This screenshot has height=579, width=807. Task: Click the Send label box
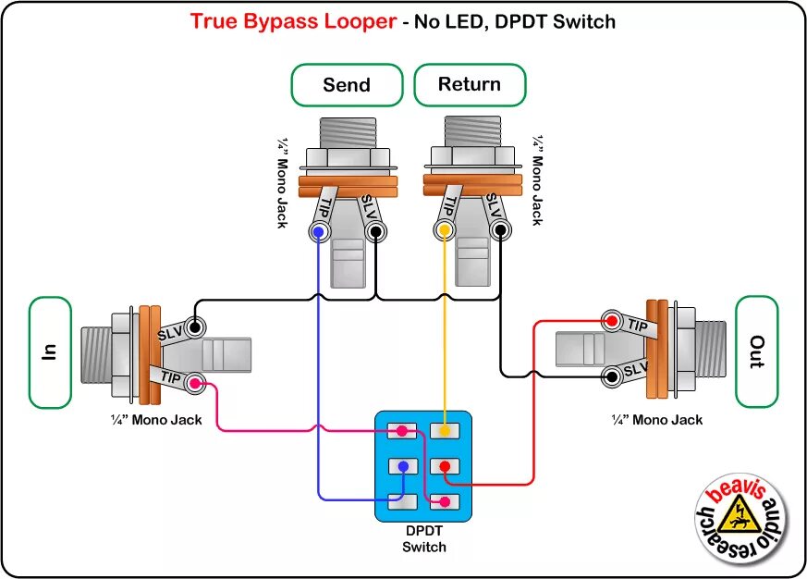point(347,85)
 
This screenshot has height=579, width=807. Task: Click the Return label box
point(470,85)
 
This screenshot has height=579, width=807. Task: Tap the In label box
point(50,351)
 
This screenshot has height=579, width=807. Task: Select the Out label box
point(756,351)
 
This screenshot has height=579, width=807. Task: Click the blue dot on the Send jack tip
point(319,230)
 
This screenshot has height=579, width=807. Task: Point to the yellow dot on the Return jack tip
point(445,229)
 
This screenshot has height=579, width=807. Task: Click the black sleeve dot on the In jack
point(195,326)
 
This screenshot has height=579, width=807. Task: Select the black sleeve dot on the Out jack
point(611,376)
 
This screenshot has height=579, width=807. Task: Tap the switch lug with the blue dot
point(401,466)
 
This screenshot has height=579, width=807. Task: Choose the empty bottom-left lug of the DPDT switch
point(401,501)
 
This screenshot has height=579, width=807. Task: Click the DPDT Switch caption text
point(424,539)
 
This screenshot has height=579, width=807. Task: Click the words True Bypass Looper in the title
point(293,20)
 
